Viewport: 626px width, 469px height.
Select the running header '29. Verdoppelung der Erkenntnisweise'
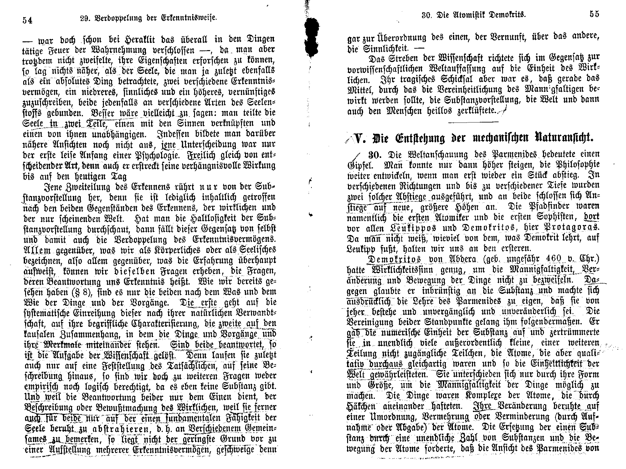tap(147, 18)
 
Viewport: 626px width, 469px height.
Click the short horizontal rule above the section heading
tap(473, 122)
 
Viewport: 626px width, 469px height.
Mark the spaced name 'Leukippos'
tap(415, 228)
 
